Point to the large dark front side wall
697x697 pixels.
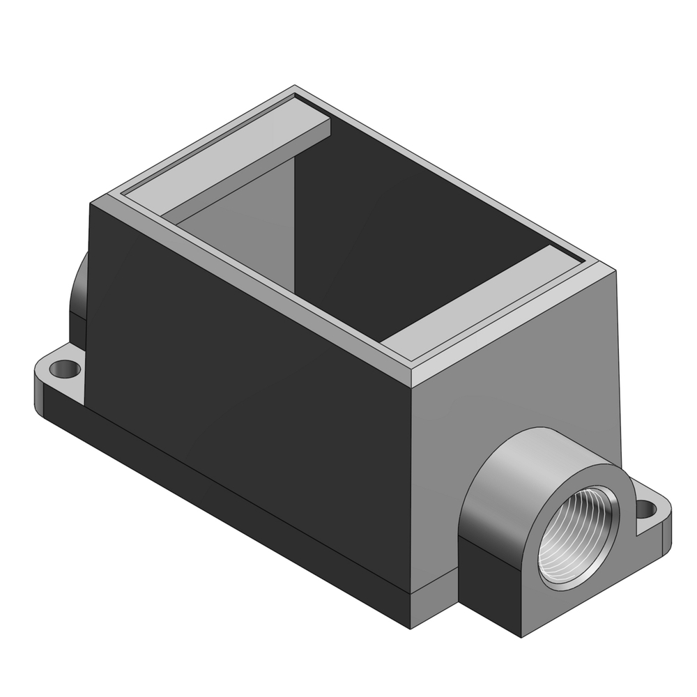tap(251, 390)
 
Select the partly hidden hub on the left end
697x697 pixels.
tap(78, 293)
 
